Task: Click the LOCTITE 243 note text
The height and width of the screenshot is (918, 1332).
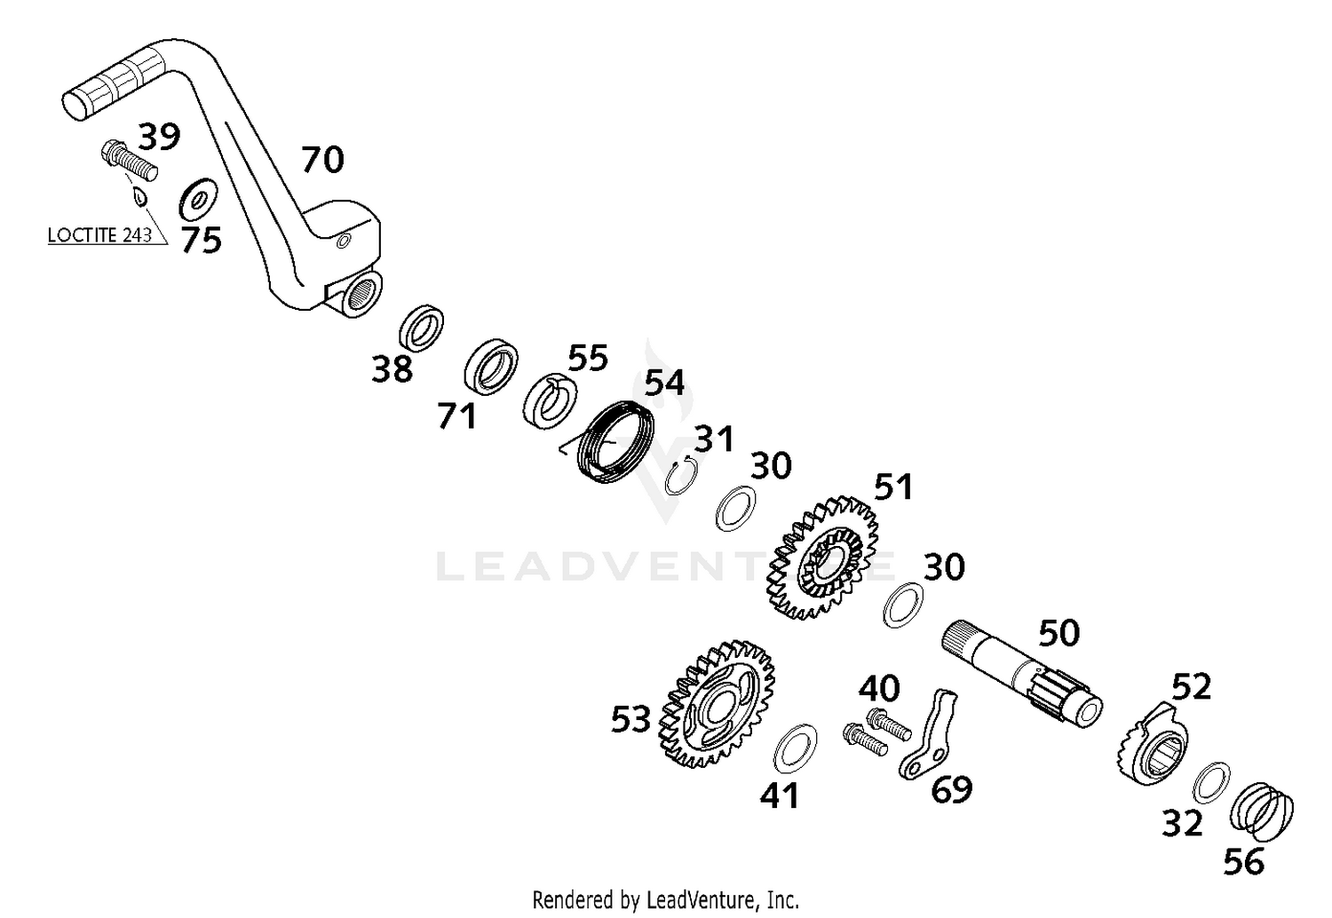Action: pyautogui.click(x=99, y=236)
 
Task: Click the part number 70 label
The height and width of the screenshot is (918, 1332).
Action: pyautogui.click(x=322, y=160)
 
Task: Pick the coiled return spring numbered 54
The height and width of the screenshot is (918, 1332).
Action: pyautogui.click(x=616, y=442)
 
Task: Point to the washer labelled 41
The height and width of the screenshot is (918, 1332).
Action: pyautogui.click(x=797, y=748)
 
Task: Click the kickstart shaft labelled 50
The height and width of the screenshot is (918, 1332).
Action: pyautogui.click(x=1021, y=670)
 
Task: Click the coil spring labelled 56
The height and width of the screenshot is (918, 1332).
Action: pyautogui.click(x=1262, y=811)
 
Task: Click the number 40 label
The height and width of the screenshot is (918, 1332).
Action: pyautogui.click(x=878, y=688)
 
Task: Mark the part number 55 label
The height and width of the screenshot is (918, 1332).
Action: pyautogui.click(x=588, y=358)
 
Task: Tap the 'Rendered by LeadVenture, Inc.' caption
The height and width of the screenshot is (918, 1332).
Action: pyautogui.click(x=665, y=899)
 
